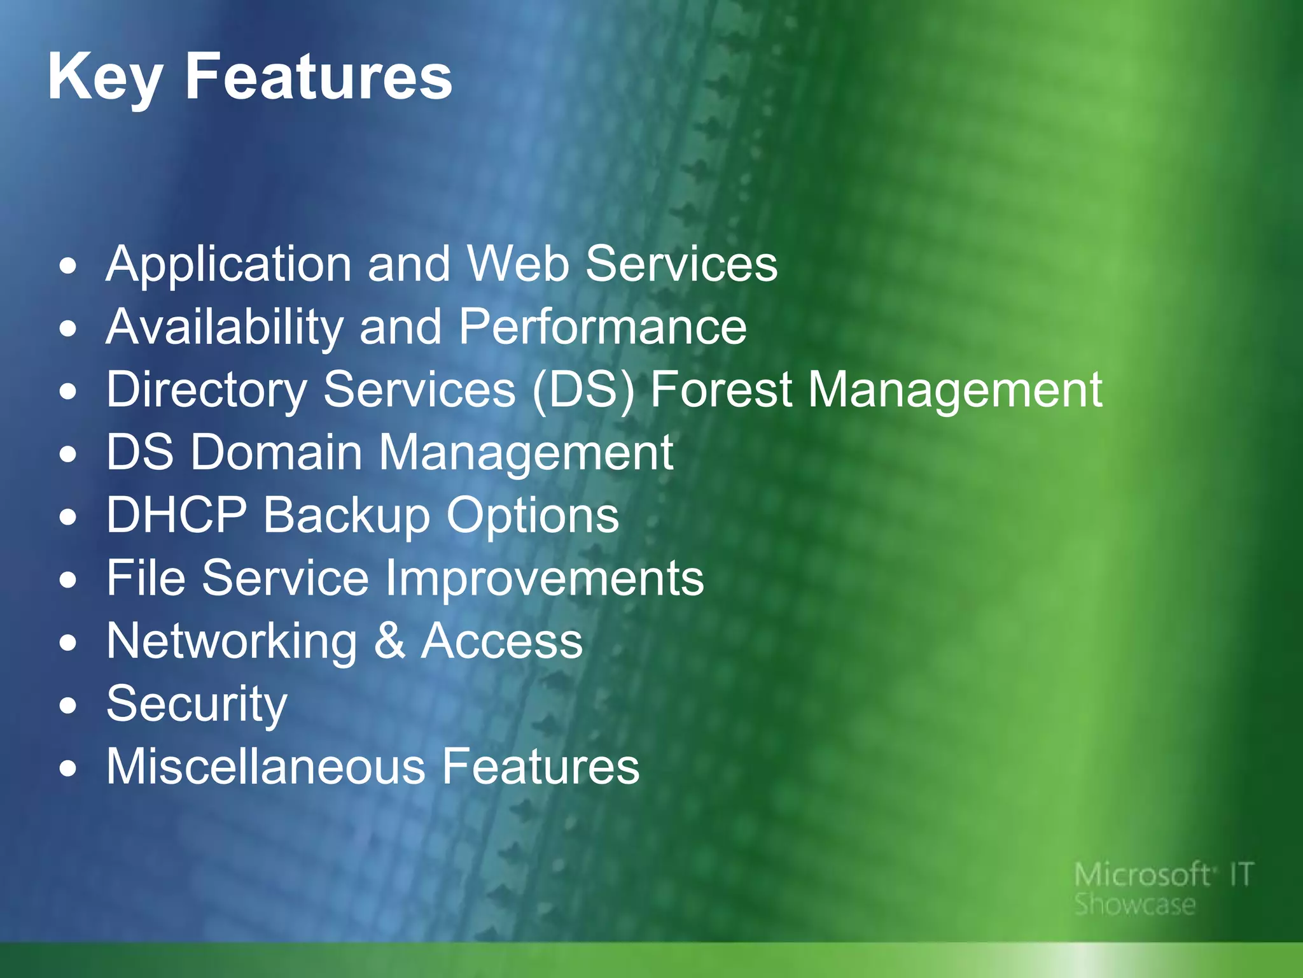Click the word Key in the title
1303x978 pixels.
[106, 78]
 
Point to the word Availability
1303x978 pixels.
[225, 327]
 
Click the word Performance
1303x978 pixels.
[603, 327]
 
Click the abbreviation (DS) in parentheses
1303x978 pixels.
[583, 390]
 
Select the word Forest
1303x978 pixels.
[721, 390]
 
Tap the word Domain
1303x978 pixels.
[277, 452]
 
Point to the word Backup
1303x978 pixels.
[347, 516]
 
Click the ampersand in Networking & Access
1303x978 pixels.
[389, 641]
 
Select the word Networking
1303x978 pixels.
[232, 642]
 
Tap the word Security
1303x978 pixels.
[197, 704]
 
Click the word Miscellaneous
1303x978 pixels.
[265, 766]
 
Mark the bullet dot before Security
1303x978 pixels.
[68, 705]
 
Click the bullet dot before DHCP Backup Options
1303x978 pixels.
[68, 517]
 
